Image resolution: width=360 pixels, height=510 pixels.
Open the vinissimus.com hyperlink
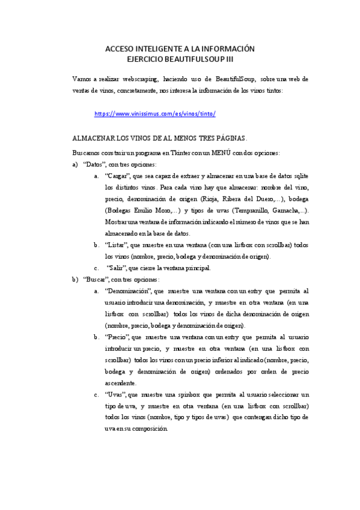[x=155, y=114]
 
